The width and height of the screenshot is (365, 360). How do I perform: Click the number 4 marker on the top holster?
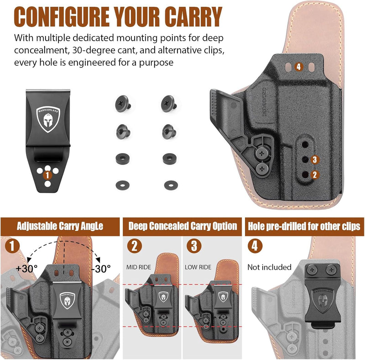point(298,67)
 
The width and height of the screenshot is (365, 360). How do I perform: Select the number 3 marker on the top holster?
point(314,159)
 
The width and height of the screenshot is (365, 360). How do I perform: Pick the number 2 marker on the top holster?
point(314,174)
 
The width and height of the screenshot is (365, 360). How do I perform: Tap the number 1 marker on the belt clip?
point(47,174)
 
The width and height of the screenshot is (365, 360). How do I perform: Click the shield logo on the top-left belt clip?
point(47,116)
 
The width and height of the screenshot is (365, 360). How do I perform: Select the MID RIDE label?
point(140,266)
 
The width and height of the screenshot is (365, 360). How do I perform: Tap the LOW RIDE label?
point(198,266)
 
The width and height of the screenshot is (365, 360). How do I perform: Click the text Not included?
point(269,267)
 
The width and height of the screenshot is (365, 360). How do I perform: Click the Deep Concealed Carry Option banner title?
point(182,226)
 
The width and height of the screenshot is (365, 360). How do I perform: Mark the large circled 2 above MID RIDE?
point(134,246)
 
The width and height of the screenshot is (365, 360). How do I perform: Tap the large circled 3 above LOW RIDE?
point(194,246)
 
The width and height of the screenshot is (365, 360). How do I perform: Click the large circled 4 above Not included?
point(255,246)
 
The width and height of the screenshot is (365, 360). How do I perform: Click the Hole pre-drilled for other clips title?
point(303,226)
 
